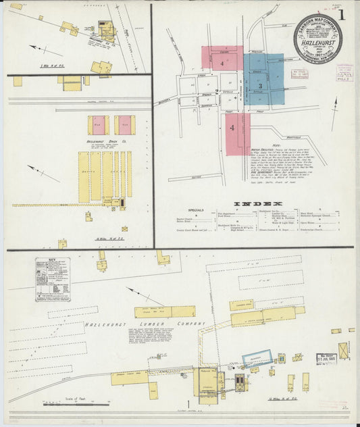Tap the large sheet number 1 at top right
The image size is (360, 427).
click(x=342, y=14)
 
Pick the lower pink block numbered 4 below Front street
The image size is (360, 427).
click(x=235, y=133)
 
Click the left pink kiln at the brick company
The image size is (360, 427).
click(x=98, y=125)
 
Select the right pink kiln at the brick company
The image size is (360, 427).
click(x=124, y=125)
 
